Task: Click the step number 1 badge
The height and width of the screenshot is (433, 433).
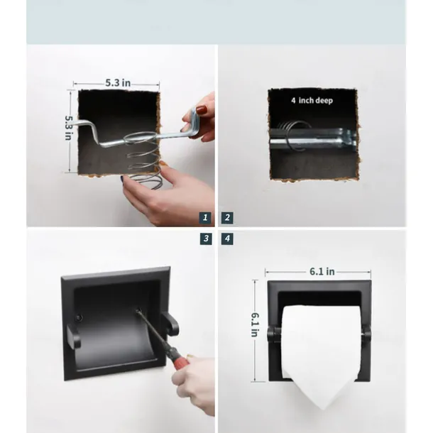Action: [205, 218]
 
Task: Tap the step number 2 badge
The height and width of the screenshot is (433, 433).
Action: [227, 218]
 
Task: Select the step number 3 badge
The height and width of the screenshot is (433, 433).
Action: [206, 239]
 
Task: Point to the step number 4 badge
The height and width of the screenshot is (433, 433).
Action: [227, 239]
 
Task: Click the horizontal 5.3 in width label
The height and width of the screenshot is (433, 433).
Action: [118, 82]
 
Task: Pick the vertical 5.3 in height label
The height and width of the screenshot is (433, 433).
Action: [68, 128]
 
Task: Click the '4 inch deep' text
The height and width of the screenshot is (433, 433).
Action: [312, 100]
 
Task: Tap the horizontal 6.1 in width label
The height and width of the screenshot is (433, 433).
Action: [322, 271]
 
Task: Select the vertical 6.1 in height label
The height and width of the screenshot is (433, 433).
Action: [254, 325]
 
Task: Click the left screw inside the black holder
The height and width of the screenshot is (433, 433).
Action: [79, 318]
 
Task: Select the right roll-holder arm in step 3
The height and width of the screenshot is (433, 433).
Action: [170, 324]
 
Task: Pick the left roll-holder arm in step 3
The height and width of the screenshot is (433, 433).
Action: [73, 336]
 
